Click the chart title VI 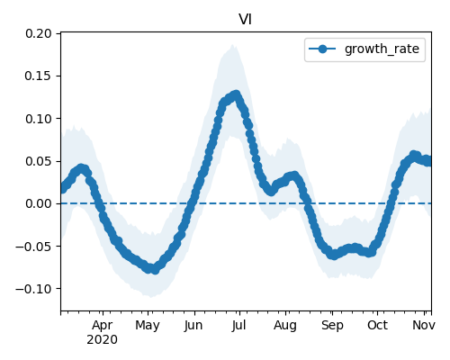(245, 20)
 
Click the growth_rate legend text (382, 49)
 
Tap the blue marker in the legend (322, 49)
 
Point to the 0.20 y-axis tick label (39, 33)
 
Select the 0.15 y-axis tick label (39, 76)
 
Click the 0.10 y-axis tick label (39, 119)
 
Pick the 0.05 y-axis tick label (39, 161)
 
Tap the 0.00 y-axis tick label (39, 203)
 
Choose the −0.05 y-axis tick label (34, 247)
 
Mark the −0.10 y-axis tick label (34, 289)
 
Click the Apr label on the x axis (103, 326)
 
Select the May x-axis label (148, 326)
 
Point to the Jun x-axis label (193, 326)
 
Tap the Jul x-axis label (238, 326)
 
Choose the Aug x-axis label (285, 326)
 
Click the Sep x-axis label (332, 326)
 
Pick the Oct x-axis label (377, 326)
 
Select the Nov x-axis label (424, 326)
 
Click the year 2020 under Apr (103, 340)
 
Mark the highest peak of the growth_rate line (237, 94)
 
